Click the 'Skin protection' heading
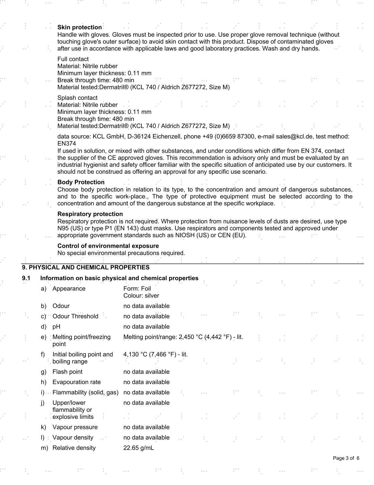coord(79,27)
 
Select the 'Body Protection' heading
coord(81,182)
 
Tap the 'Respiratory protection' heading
coord(90,214)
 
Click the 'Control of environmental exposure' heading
coord(108,246)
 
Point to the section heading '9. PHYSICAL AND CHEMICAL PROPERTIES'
coord(86,267)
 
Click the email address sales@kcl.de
coord(294,137)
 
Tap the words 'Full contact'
coord(73,59)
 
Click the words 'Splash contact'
coord(78,98)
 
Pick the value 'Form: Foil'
coord(137,288)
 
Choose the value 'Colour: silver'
coord(141,295)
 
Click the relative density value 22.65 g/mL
coord(139,448)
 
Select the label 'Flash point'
coord(68,372)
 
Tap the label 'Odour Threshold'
coord(75,316)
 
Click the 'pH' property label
coord(57,326)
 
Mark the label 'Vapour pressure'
coord(75,427)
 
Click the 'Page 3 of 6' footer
coord(346,458)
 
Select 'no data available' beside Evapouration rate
coord(146,382)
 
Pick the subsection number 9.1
coord(26,278)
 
